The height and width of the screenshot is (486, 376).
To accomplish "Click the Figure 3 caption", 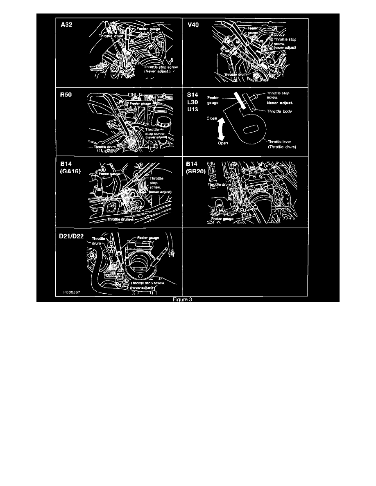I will pyautogui.click(x=187, y=299).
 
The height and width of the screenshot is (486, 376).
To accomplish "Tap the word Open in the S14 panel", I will pyautogui.click(x=223, y=144).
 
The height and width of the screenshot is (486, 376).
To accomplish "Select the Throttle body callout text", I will pyautogui.click(x=281, y=111).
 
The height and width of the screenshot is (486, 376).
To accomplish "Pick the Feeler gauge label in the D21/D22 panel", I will pyautogui.click(x=148, y=238).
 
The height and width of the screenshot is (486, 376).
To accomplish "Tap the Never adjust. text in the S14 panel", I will pyautogui.click(x=281, y=103).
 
